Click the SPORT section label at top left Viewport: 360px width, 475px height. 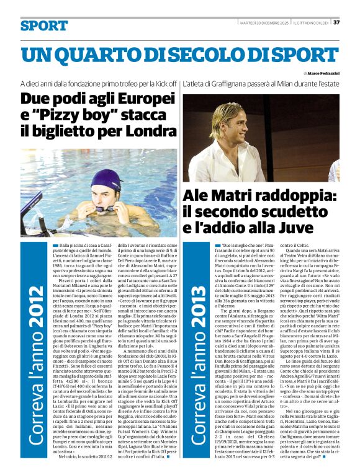pyautogui.click(x=43, y=26)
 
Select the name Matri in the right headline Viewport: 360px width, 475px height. pyautogui.click(x=236, y=197)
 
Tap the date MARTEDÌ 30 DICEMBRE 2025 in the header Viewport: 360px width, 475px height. pyautogui.click(x=261, y=23)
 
